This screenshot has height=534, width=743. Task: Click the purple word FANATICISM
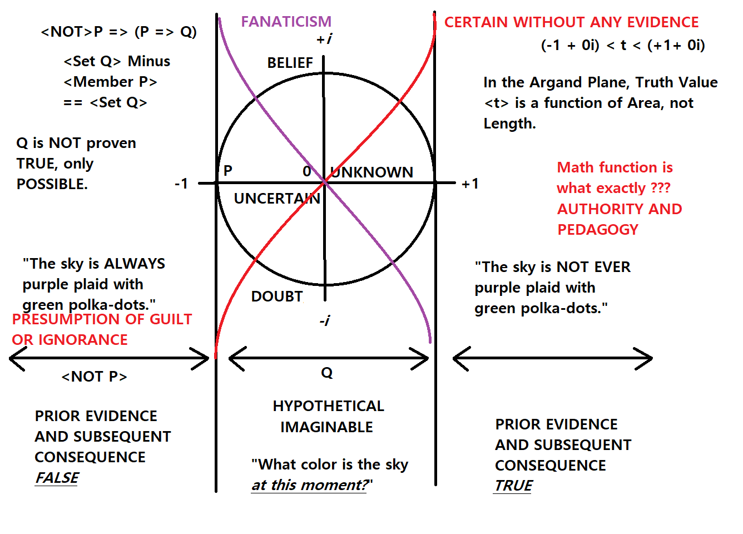[286, 22]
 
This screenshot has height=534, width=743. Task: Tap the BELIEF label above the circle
[290, 63]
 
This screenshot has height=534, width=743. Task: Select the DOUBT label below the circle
[277, 296]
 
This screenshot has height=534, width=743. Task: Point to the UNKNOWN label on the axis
[373, 172]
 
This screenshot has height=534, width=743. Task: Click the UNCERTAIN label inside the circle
[276, 199]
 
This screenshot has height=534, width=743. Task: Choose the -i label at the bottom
[325, 320]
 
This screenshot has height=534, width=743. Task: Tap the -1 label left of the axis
[181, 184]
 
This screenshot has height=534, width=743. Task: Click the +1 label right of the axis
[470, 184]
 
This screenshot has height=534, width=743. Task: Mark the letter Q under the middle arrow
[327, 373]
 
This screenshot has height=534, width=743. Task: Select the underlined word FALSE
[57, 478]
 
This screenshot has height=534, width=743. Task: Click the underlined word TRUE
[513, 486]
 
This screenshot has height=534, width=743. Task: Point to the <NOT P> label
[94, 377]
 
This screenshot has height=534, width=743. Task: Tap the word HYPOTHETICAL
[328, 406]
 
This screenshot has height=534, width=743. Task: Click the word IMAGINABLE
[326, 427]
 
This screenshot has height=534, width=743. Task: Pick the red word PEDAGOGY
[598, 230]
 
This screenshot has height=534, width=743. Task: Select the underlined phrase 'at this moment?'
[310, 485]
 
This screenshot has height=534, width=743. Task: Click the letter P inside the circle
[227, 171]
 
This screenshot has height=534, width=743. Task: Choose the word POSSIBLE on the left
[52, 184]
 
